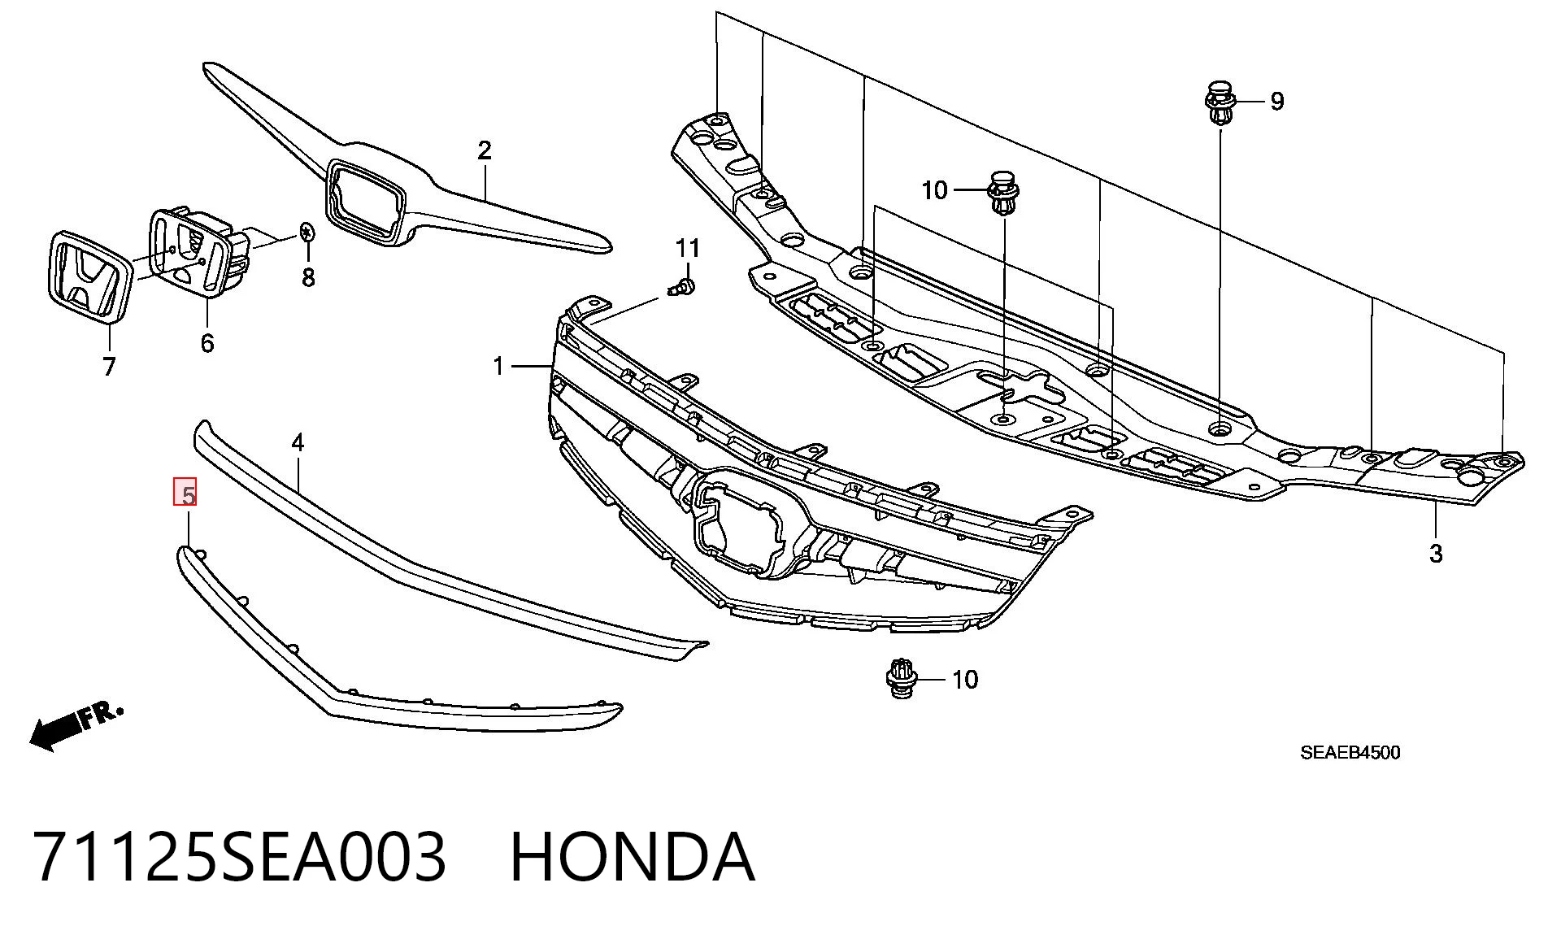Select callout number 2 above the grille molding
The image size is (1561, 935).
pos(485,150)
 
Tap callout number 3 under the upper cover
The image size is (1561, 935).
pos(1436,554)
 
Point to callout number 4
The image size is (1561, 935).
pos(298,443)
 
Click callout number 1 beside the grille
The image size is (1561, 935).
pos(498,367)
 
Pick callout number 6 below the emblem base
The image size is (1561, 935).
pos(207,343)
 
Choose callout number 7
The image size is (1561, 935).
pos(109,367)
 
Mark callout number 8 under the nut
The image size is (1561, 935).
pos(308,278)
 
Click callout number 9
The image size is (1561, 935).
pos(1276,102)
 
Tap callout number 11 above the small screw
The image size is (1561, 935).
pos(688,247)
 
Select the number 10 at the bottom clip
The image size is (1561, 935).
pos(965,680)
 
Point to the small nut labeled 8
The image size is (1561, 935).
pos(307,232)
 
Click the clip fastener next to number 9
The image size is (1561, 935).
pos(1219,103)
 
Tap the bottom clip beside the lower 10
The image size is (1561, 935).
pos(901,679)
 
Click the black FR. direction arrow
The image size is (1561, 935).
pos(76,726)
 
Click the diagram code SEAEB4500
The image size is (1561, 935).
pos(1350,753)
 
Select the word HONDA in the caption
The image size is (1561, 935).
pos(633,857)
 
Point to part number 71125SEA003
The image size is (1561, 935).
pos(241,857)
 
